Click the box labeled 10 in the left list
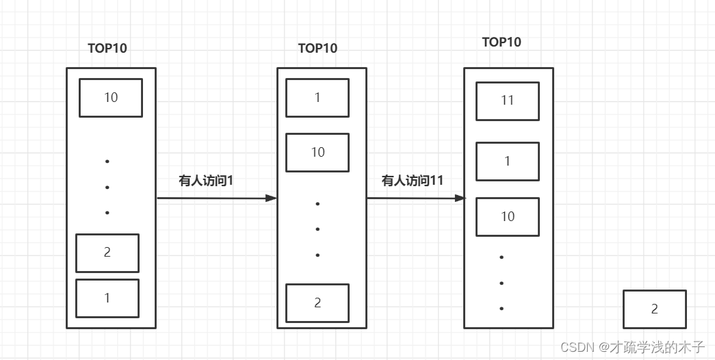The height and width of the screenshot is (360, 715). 111,98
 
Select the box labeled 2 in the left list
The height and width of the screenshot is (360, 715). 107,253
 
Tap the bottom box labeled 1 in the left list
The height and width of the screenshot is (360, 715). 107,298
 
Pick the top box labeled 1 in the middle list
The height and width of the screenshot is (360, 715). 317,98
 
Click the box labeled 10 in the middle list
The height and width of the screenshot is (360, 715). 317,152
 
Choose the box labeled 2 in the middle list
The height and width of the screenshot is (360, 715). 317,303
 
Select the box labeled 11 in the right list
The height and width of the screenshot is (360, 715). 507,101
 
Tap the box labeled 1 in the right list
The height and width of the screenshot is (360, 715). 507,162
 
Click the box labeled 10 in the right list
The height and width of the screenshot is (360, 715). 507,216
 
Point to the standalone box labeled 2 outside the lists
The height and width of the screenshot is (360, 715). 654,309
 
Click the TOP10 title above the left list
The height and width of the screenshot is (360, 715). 107,49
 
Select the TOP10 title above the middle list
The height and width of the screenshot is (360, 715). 317,49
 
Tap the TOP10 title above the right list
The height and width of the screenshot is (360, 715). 502,42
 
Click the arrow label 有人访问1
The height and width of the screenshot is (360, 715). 207,181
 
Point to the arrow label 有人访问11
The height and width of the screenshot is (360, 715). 413,181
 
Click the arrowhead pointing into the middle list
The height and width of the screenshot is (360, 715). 272,198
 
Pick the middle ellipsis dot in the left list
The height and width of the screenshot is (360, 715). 107,187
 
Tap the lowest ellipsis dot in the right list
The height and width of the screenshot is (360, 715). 502,309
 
